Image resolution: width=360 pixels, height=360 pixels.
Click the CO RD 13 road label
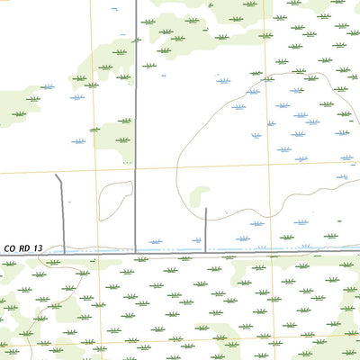click(x=23, y=247)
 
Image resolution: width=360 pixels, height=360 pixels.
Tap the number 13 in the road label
click(x=38, y=247)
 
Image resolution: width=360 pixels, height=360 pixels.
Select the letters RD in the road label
click(x=24, y=247)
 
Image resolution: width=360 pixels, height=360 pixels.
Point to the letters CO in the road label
click(x=10, y=247)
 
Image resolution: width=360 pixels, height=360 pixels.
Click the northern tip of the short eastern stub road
click(x=206, y=210)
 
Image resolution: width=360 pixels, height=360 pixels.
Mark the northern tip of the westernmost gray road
click(x=57, y=175)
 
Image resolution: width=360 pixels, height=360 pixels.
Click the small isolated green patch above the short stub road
click(x=200, y=193)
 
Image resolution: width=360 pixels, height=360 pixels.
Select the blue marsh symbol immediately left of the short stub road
click(x=156, y=241)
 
